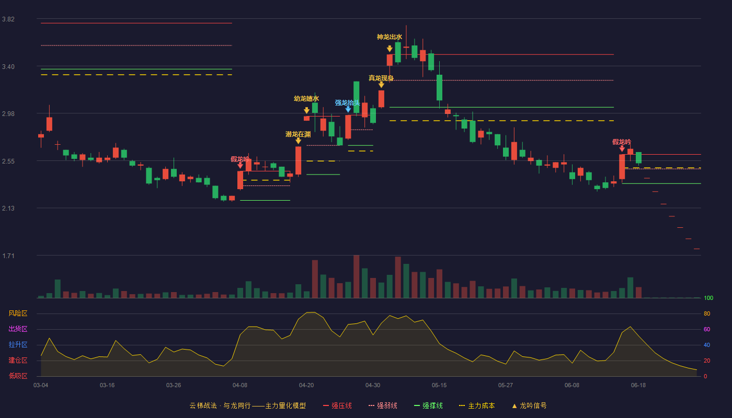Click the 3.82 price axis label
[x=8, y=19]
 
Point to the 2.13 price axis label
[x=8, y=208]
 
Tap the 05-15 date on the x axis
[x=439, y=386]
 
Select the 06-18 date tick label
[x=638, y=386]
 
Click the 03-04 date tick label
[x=41, y=386]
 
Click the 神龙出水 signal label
[x=389, y=37]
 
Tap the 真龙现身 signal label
[x=381, y=78]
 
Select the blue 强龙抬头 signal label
[x=347, y=103]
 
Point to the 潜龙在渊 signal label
[x=298, y=134]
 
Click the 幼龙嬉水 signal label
[x=306, y=99]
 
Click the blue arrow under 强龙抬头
[x=348, y=109]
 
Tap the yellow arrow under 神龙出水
[x=390, y=49]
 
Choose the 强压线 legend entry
[x=337, y=405]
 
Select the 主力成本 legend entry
[x=477, y=405]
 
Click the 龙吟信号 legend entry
[x=529, y=405]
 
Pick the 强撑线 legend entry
[x=428, y=405]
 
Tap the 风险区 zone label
[x=18, y=313]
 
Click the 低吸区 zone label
[x=18, y=376]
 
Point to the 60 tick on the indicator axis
[x=707, y=329]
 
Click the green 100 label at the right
[x=708, y=298]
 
